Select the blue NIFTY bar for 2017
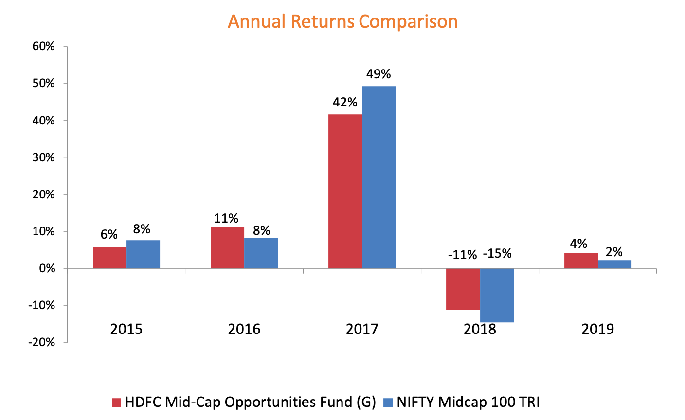[379, 177]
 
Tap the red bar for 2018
[463, 289]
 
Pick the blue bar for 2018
[497, 295]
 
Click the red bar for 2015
[109, 258]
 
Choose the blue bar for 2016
[261, 253]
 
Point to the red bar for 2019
[581, 261]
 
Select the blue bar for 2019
[614, 264]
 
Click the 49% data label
[379, 74]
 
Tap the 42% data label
[345, 102]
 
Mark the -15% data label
[497, 254]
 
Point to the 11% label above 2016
[226, 218]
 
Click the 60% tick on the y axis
[44, 47]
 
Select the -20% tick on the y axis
[42, 342]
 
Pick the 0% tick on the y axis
[47, 268]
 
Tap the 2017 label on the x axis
[362, 329]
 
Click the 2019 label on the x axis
[598, 329]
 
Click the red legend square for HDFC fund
[116, 402]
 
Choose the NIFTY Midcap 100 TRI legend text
[468, 402]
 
